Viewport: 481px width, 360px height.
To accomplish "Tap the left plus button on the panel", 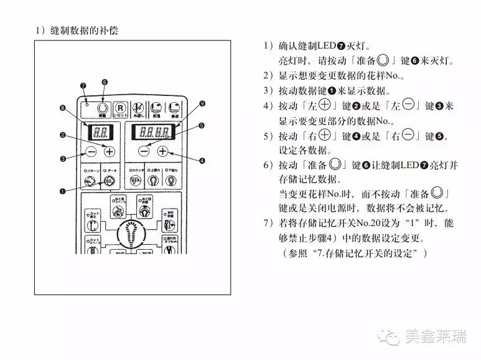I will point(110,151).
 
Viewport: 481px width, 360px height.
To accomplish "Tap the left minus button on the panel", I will point(91,151).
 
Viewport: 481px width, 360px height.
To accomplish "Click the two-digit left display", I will point(100,132).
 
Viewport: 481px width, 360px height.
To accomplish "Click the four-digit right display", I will point(154,132).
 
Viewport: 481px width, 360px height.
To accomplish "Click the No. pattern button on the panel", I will point(91,181).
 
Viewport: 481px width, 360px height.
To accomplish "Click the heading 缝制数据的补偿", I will point(80,30).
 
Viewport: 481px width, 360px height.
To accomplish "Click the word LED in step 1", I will point(326,47).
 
